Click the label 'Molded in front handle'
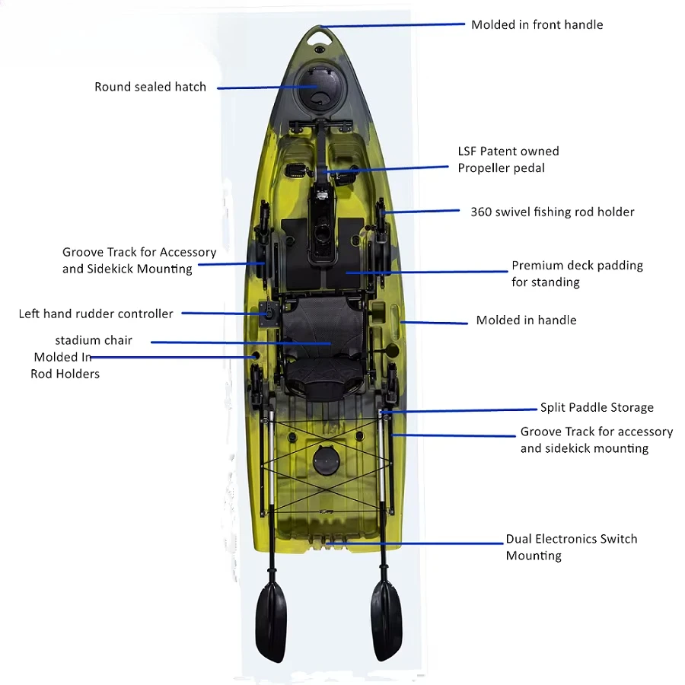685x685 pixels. [537, 24]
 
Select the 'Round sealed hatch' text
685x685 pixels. [150, 87]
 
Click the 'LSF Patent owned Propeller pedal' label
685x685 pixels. [508, 159]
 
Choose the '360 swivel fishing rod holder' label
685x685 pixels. [552, 212]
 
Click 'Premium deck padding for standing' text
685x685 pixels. [577, 273]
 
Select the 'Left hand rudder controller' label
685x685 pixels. [96, 314]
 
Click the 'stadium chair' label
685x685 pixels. [94, 339]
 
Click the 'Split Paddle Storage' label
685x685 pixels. [597, 407]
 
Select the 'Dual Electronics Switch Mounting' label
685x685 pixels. [571, 546]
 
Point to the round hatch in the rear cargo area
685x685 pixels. [325, 458]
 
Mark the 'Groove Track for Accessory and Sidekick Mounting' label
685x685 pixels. [139, 260]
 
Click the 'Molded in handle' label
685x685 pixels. [526, 320]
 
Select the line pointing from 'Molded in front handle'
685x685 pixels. [396, 25]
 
